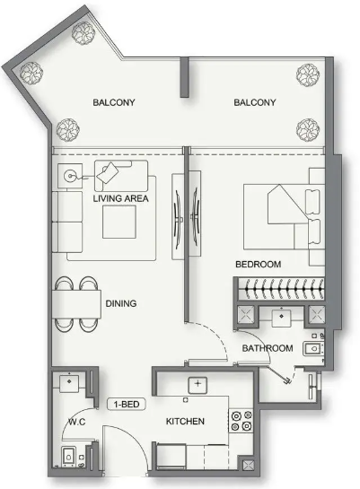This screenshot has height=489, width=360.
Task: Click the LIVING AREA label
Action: (x=120, y=198)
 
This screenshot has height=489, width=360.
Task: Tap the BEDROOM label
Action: (x=258, y=264)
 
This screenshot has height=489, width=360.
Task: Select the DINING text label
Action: (x=121, y=303)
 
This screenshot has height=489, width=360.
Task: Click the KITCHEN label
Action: (x=185, y=422)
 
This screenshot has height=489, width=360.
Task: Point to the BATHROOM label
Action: (x=268, y=348)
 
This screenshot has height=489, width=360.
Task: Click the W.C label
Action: (x=76, y=422)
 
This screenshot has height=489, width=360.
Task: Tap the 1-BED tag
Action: (x=126, y=404)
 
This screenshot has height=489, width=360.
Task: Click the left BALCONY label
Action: (x=114, y=102)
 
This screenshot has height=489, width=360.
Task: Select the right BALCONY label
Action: (x=255, y=102)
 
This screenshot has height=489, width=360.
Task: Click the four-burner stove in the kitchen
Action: (x=241, y=421)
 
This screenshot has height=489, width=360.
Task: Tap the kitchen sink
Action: (x=198, y=385)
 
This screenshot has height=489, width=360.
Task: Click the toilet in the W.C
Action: (x=68, y=457)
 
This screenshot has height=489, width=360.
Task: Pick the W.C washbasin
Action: (x=69, y=382)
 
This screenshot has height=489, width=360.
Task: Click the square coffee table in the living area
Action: (x=119, y=222)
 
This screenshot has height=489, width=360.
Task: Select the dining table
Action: (x=76, y=304)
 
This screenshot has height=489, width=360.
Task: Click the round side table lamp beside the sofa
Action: (x=70, y=176)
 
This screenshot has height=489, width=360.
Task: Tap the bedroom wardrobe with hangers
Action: (x=281, y=289)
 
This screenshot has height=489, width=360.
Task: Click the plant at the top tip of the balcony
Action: (x=83, y=32)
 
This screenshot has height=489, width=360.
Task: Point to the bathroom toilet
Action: (x=313, y=349)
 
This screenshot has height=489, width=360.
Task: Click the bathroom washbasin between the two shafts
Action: (x=281, y=317)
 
